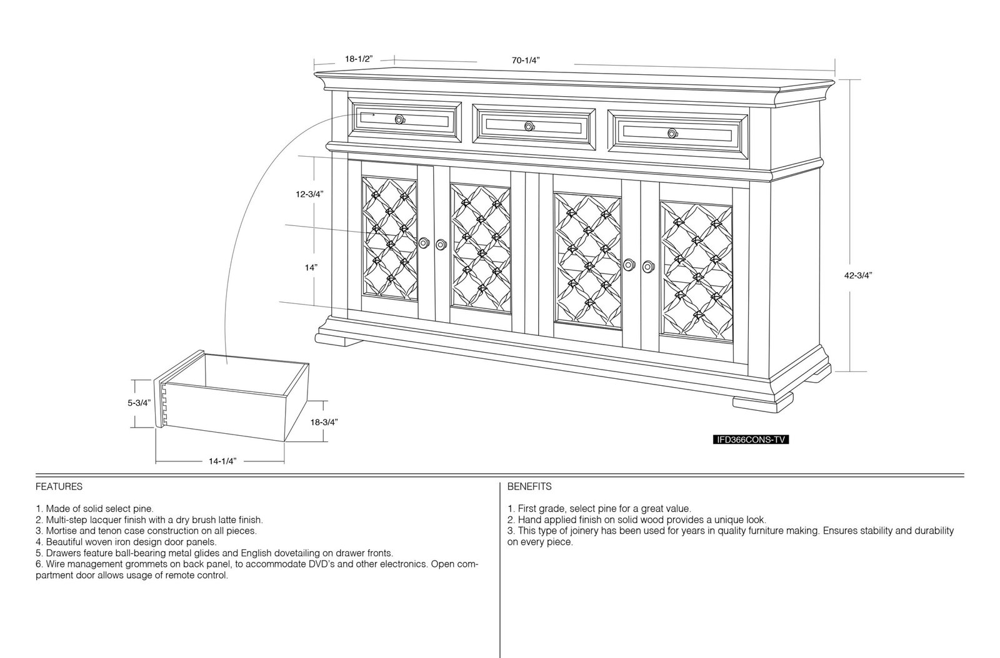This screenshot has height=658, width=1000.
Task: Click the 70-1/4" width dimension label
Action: (526, 61)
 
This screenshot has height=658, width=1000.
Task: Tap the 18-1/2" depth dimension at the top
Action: (359, 59)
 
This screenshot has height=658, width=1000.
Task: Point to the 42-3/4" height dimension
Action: (858, 275)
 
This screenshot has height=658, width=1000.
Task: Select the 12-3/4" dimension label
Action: (309, 194)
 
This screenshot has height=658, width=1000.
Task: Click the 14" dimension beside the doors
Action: (311, 268)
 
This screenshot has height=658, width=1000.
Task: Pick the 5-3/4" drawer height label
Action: (139, 403)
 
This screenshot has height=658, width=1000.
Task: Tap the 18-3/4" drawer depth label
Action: (324, 422)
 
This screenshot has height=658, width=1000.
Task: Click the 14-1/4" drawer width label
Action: (222, 461)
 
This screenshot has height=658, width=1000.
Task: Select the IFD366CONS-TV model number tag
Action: (751, 440)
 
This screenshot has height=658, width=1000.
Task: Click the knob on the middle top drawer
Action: (529, 127)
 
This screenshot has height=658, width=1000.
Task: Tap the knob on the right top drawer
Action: (672, 134)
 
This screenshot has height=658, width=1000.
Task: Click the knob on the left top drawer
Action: (399, 119)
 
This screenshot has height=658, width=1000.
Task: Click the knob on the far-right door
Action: (648, 267)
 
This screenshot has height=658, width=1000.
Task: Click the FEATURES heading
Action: (59, 487)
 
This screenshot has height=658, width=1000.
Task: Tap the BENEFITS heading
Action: (529, 487)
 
